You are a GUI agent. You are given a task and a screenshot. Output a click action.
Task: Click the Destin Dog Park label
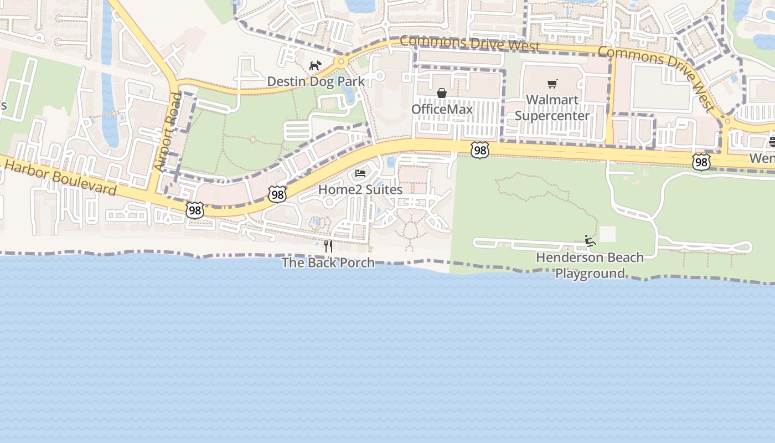(316, 81)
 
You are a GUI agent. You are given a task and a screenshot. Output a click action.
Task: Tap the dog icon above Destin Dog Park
(315, 66)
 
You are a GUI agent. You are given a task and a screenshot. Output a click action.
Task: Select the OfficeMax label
(442, 109)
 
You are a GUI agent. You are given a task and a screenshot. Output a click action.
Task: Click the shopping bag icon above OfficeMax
(442, 93)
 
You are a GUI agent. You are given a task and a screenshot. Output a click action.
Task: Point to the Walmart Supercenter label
(552, 107)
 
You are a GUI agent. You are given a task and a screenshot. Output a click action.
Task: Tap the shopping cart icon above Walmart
(552, 84)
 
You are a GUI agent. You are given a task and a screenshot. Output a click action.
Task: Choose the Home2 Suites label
(360, 189)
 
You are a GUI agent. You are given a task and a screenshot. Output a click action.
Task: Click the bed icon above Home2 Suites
(360, 173)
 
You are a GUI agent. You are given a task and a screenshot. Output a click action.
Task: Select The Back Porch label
(328, 262)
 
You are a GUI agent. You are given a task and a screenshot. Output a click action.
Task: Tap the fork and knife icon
(328, 246)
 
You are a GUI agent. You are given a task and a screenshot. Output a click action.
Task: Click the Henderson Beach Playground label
(590, 265)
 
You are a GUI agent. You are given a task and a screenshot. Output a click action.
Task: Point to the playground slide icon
(590, 241)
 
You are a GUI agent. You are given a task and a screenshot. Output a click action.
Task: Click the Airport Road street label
(168, 132)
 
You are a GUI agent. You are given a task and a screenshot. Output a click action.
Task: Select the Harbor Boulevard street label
(60, 178)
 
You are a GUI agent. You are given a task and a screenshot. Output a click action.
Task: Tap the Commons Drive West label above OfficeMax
(469, 43)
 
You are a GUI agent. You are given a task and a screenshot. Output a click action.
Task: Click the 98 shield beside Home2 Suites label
(277, 194)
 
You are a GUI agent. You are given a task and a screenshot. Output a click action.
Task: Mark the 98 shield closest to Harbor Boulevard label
(195, 210)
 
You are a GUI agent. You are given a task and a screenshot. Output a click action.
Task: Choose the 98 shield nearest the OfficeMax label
(480, 150)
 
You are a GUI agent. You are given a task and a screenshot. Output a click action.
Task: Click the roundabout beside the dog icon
(341, 61)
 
